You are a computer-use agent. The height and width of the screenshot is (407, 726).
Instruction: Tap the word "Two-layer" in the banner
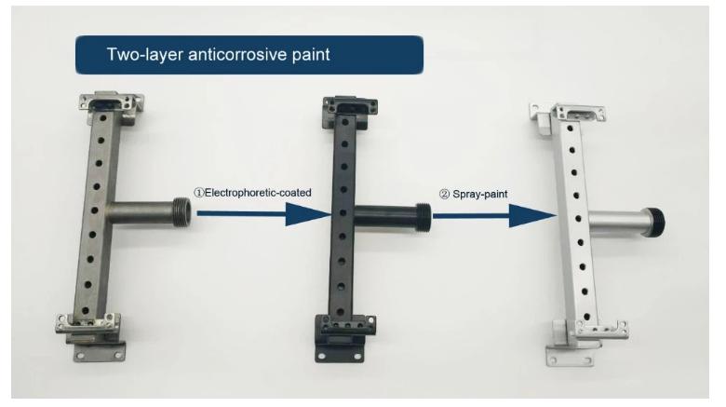click(145, 54)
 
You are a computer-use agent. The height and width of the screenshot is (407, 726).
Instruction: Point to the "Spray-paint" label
click(480, 195)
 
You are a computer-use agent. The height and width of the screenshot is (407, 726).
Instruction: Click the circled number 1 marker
click(199, 193)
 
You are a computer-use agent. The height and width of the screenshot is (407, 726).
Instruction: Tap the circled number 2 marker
click(445, 195)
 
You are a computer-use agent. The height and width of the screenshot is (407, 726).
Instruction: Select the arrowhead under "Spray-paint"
click(532, 215)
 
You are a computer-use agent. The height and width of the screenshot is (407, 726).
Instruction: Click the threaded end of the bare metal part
click(181, 212)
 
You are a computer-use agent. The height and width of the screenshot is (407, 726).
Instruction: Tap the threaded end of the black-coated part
click(423, 217)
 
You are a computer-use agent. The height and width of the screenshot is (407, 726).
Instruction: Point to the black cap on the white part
click(655, 222)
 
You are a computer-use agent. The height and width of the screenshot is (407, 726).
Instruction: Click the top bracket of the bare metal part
click(111, 103)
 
